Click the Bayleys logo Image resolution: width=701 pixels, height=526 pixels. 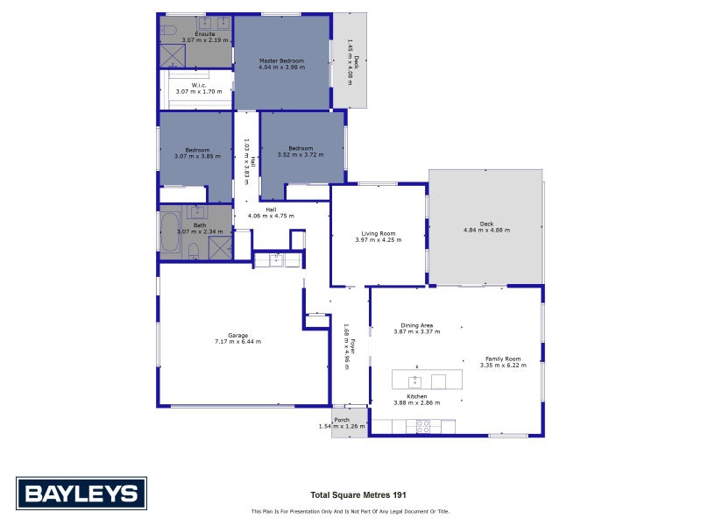click(x=81, y=494)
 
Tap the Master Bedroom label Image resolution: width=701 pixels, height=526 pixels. click(x=281, y=60)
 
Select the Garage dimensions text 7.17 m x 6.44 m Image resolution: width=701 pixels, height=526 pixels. click(x=237, y=341)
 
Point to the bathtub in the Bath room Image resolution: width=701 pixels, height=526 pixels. click(x=168, y=232)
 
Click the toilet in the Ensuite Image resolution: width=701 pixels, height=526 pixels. click(x=168, y=29)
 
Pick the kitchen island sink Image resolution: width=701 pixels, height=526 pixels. click(x=414, y=381)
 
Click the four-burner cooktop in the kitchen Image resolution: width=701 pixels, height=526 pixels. click(x=422, y=427)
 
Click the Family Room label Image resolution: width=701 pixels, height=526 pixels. click(x=503, y=359)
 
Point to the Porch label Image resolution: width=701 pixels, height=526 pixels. click(x=342, y=420)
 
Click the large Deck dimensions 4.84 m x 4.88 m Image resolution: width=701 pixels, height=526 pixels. click(x=486, y=230)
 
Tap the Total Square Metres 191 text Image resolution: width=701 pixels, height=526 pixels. click(x=358, y=494)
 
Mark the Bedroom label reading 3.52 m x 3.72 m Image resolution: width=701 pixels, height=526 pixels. click(x=301, y=148)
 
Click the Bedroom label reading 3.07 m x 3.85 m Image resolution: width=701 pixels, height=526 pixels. click(x=197, y=150)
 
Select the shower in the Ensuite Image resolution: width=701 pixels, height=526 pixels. click(x=173, y=56)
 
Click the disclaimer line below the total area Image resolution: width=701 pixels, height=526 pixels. click(x=350, y=511)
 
